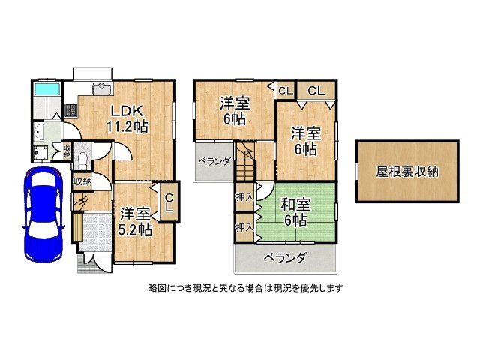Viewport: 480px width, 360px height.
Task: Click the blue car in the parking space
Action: click(43, 214)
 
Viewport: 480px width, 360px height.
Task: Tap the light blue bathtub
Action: click(46, 88)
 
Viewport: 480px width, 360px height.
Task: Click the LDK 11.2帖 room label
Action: click(127, 118)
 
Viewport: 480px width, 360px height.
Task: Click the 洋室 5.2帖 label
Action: click(135, 222)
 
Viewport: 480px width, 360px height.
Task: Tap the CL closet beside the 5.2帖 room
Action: click(169, 202)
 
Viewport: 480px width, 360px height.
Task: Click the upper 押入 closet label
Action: click(245, 196)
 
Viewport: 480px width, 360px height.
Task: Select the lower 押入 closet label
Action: click(245, 227)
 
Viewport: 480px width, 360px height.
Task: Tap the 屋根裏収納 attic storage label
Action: click(407, 172)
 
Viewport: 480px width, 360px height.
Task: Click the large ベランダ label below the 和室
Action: click(285, 258)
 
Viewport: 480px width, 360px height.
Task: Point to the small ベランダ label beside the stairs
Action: click(214, 161)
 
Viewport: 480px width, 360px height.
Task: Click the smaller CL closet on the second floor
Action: click(286, 91)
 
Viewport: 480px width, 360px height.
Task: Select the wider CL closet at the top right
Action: click(316, 91)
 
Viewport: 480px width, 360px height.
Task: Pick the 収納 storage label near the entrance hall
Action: click(83, 182)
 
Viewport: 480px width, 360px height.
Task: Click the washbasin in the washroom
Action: click(38, 133)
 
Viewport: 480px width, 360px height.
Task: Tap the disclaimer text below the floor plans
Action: click(245, 288)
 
